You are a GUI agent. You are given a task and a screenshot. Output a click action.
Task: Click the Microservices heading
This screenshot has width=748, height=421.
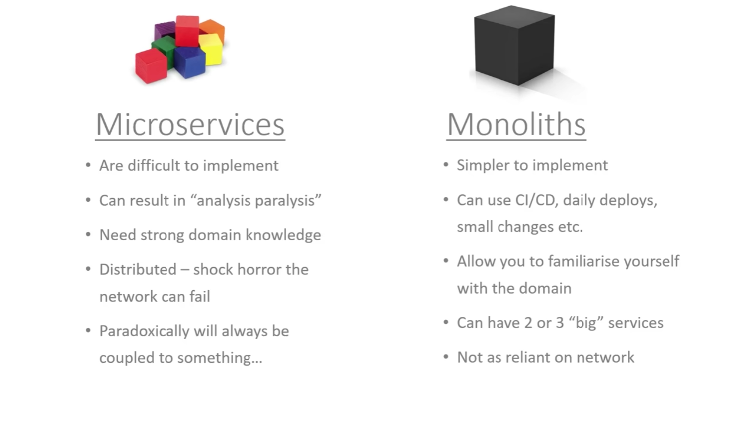(x=190, y=125)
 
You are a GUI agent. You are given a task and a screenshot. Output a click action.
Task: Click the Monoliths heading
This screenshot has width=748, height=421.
(x=516, y=125)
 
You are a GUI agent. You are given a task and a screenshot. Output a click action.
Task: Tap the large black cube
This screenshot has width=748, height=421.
(x=514, y=45)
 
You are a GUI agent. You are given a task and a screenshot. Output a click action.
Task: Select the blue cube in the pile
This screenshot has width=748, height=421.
(x=189, y=62)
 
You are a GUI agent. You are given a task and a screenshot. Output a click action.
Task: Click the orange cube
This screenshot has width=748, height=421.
(x=214, y=29)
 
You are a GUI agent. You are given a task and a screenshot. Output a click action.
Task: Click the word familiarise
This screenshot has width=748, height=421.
(x=583, y=261)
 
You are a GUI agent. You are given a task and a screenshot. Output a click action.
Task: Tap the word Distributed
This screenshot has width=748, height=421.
(x=138, y=270)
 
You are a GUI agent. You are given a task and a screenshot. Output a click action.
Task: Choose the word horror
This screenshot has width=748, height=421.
(x=259, y=270)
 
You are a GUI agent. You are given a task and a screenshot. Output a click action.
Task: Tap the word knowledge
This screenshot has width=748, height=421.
(x=283, y=235)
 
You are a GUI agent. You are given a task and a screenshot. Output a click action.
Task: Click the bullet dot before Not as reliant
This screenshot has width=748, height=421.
(x=446, y=357)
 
